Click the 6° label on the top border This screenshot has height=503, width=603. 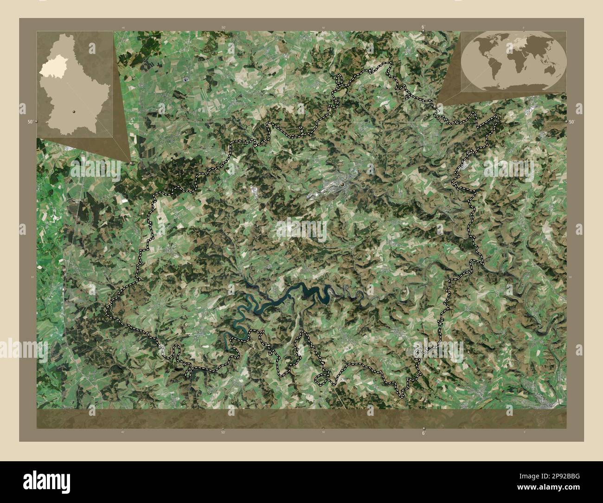click(x=423, y=27)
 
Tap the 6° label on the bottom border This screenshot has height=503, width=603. click(x=423, y=433)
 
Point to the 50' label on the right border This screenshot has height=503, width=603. click(x=572, y=122)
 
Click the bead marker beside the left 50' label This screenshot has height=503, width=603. click(x=36, y=122)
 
